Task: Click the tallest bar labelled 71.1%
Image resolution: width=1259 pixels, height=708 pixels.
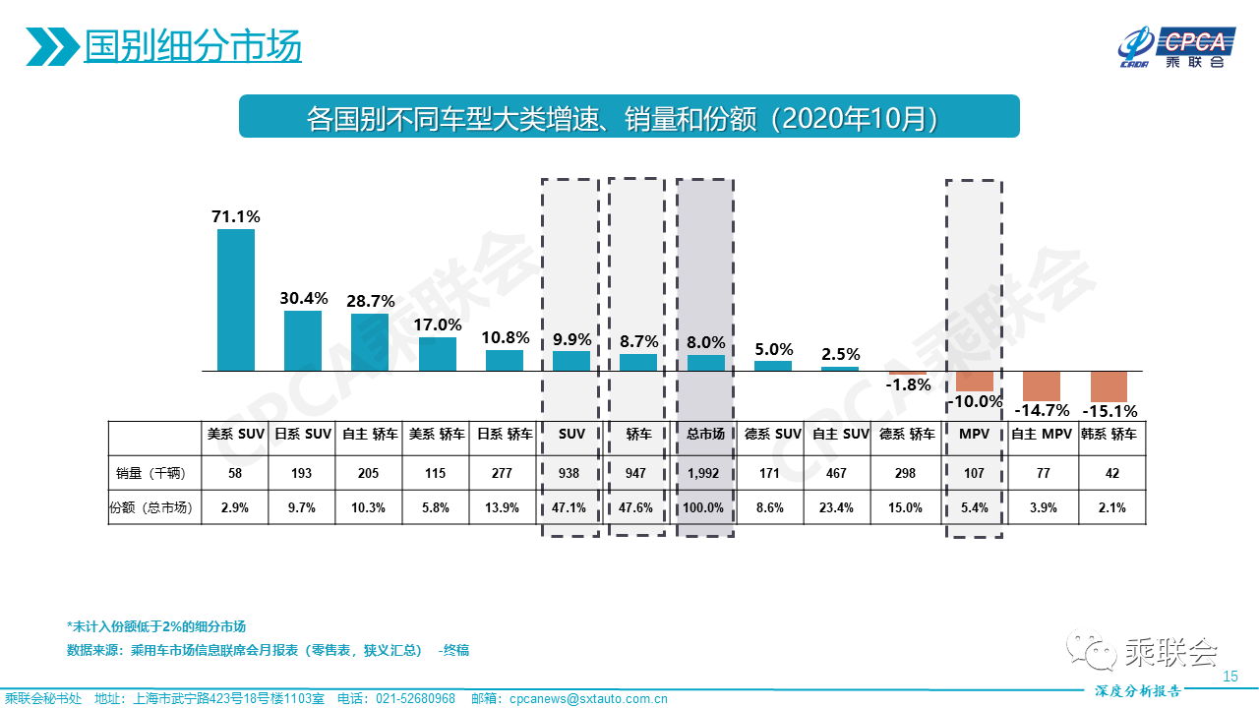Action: point(235,300)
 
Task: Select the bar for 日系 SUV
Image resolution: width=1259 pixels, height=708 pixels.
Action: point(302,340)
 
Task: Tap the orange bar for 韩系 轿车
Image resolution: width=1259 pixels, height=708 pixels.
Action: point(1109,385)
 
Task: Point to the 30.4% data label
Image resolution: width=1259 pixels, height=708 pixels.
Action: point(302,298)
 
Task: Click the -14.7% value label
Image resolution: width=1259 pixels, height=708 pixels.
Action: point(1042,410)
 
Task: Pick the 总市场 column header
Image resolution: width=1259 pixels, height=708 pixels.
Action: point(705,434)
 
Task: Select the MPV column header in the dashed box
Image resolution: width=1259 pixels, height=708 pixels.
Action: point(974,434)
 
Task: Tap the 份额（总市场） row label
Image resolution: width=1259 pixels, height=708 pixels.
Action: point(151,508)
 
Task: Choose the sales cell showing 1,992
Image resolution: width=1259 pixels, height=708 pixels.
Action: point(705,473)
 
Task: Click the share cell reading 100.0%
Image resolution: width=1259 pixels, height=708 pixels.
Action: point(705,508)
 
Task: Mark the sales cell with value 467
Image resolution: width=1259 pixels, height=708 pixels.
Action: point(839,473)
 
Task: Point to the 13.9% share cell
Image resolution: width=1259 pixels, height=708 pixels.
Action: point(503,508)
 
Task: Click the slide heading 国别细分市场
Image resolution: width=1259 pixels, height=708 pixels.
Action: point(193,46)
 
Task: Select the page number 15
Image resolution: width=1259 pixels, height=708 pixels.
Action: point(1229,677)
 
